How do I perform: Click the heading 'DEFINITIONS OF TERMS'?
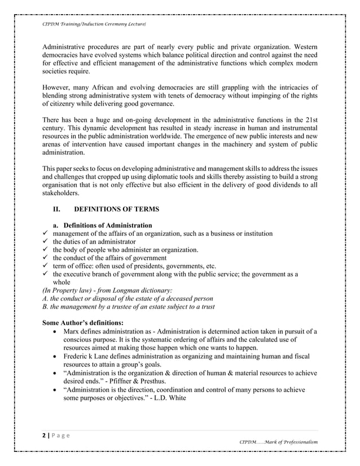pos(117,209)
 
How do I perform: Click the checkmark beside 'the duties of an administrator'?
pos(47,241)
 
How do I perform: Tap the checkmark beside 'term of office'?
pos(47,266)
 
